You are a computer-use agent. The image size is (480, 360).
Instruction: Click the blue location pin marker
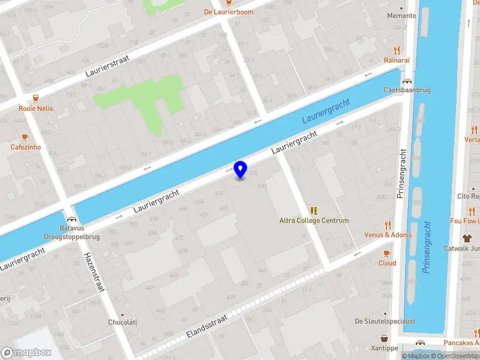pos(240,170)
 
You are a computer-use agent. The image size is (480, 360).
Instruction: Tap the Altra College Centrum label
pos(314,220)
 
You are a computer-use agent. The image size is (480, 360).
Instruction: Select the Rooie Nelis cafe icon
pos(36,98)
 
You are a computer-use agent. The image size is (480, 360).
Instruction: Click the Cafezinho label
pos(25,147)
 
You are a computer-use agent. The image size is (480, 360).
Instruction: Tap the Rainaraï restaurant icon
pos(397,50)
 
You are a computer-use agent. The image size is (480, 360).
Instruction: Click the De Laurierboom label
pos(229,11)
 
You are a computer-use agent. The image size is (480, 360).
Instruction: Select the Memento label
pos(401,16)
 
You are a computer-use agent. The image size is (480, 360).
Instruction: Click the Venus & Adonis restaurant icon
pos(388,225)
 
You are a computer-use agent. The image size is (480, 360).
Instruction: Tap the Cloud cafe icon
pos(387,253)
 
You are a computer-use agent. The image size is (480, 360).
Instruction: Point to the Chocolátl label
pos(123,322)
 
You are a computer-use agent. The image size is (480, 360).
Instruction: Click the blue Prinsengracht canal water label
pos(427,247)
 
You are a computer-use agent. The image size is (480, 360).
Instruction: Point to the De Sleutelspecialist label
pos(385,321)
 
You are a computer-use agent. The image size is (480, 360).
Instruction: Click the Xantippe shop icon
pos(384,338)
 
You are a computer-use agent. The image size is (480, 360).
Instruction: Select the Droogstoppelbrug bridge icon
pos(71,219)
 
